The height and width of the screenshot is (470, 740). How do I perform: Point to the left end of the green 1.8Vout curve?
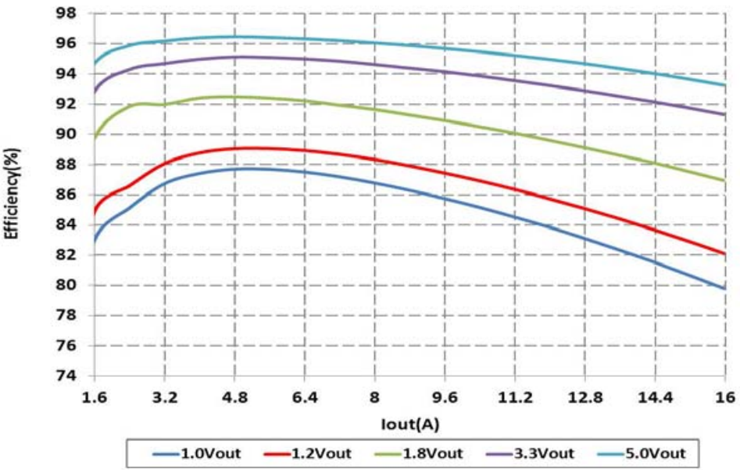[x=95, y=138]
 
